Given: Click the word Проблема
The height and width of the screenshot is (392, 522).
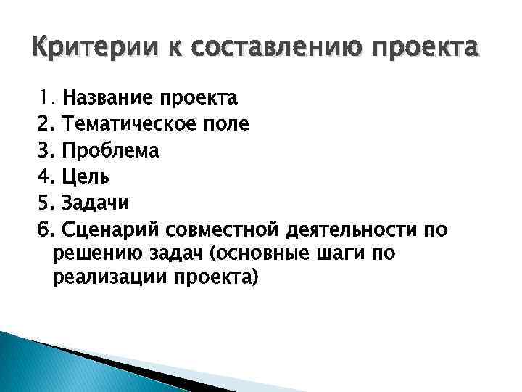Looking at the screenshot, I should click(x=110, y=150).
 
